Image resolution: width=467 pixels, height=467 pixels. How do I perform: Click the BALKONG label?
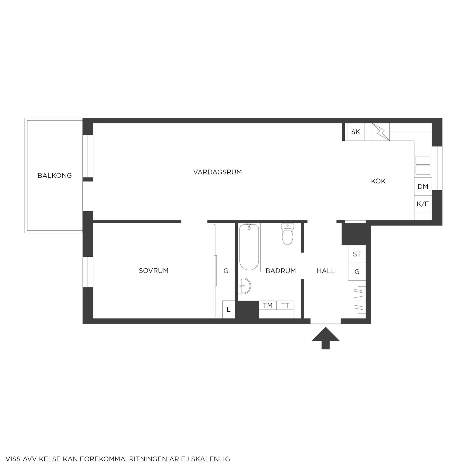[55, 175]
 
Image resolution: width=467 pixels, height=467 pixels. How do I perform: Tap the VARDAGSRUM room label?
[218, 172]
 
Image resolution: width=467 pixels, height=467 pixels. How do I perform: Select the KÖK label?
[378, 181]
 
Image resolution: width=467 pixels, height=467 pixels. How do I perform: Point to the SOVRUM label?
[154, 271]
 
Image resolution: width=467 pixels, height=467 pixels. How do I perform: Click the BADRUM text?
[281, 271]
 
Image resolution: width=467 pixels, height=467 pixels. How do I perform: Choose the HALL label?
[326, 271]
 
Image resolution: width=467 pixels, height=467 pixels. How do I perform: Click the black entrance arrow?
[325, 338]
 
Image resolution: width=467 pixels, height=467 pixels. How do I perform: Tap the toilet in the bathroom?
[288, 234]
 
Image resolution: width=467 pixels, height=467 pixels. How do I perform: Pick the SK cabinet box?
[355, 132]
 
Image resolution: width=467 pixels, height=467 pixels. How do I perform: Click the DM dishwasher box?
[423, 187]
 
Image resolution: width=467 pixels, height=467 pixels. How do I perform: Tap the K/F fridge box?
[423, 204]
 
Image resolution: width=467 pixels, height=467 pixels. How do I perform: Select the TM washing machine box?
[268, 305]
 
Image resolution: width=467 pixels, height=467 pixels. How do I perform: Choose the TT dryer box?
[285, 305]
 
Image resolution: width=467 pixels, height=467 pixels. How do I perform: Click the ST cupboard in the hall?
[357, 254]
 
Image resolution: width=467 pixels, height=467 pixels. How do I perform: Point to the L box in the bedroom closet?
[229, 310]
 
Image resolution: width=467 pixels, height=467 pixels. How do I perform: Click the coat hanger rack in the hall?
[359, 300]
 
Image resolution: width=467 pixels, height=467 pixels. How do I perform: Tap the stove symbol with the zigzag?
[381, 132]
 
